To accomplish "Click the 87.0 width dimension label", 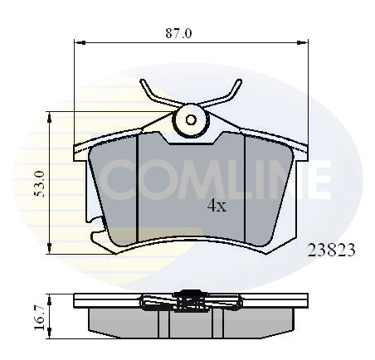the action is point(178,33).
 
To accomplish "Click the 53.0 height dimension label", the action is point(40,184).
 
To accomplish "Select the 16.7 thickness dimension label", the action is point(40,318).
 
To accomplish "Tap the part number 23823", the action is point(331,251).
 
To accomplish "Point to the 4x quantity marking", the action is point(217,206).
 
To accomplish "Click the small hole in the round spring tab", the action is point(191,119).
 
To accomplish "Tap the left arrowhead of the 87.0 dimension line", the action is point(80,42).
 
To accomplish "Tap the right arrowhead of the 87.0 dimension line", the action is point(302,42).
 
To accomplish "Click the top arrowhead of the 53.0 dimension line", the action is point(49,117).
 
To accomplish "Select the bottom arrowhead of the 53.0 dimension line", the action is point(49,248).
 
